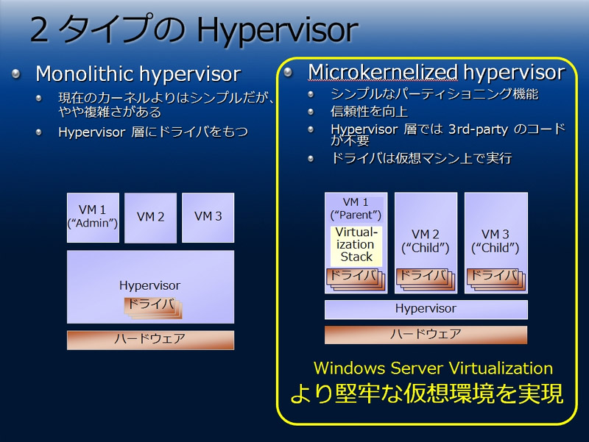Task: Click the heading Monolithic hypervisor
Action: click(138, 74)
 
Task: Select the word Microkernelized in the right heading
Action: click(383, 72)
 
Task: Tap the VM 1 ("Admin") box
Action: click(93, 218)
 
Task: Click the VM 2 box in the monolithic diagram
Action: click(150, 218)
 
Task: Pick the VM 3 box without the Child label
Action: click(208, 218)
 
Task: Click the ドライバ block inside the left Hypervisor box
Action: click(153, 307)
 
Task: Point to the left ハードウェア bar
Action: click(150, 340)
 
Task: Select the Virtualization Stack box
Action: click(356, 246)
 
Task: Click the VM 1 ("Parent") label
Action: click(356, 209)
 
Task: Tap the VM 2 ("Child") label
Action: click(426, 241)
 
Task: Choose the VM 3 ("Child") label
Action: click(495, 241)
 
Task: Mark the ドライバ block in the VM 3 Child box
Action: click(495, 279)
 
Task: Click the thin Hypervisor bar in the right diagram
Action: click(426, 310)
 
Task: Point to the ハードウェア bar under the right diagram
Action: click(426, 335)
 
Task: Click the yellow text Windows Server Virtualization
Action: click(433, 368)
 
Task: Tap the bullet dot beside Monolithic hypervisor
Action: click(15, 74)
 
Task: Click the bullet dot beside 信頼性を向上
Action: click(311, 112)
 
